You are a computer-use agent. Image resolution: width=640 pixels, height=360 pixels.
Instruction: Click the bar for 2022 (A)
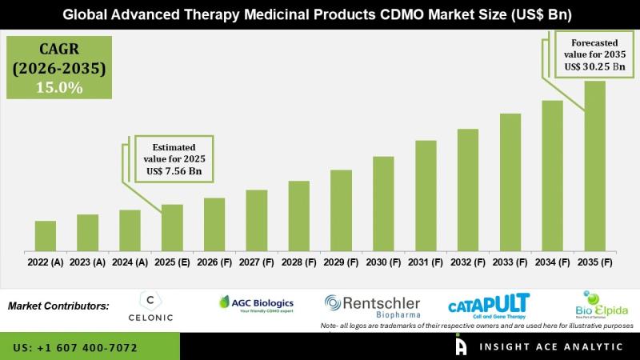tap(46, 235)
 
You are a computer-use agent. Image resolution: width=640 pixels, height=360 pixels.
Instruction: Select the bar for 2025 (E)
tap(172, 227)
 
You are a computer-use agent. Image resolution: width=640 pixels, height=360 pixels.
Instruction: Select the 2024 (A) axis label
tap(130, 262)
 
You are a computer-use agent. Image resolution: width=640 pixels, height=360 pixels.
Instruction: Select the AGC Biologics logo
tap(256, 304)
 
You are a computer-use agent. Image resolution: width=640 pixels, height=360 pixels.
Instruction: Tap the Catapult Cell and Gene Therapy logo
tap(489, 306)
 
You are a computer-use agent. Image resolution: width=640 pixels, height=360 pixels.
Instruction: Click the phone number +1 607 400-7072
tap(89, 348)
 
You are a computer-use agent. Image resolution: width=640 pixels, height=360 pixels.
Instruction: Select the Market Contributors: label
tap(58, 306)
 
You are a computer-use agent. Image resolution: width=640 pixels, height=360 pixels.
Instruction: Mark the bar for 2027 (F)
tap(257, 220)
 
